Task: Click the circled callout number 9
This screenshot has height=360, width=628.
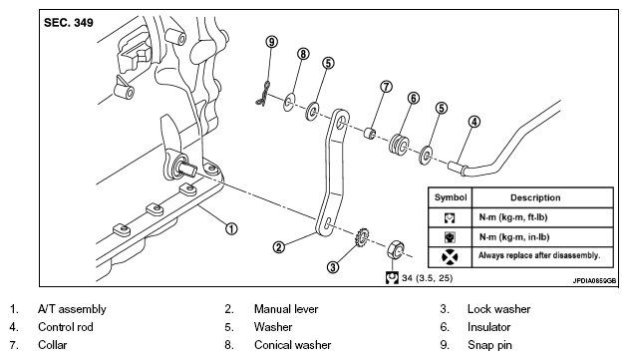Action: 271,42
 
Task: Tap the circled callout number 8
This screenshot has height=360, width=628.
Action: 303,54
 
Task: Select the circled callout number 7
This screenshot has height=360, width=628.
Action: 386,87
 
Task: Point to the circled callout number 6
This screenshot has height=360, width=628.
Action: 414,98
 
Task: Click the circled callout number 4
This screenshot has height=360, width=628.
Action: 474,122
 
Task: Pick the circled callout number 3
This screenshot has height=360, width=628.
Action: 333,267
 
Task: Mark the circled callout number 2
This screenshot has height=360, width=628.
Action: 279,247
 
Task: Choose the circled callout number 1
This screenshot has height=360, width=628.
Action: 231,229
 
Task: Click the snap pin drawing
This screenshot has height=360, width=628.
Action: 263,95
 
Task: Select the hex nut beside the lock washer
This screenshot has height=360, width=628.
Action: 396,250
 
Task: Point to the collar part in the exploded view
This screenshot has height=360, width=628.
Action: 370,134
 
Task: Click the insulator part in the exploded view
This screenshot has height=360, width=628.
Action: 399,145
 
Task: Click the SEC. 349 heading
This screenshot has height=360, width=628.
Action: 69,23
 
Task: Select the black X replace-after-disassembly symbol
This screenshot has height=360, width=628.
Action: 450,257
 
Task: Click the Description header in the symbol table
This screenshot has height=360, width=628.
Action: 535,197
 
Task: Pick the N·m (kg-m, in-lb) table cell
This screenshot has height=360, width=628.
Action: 513,237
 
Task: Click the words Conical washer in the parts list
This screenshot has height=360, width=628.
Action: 292,345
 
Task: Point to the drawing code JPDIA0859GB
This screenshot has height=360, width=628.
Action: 594,280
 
